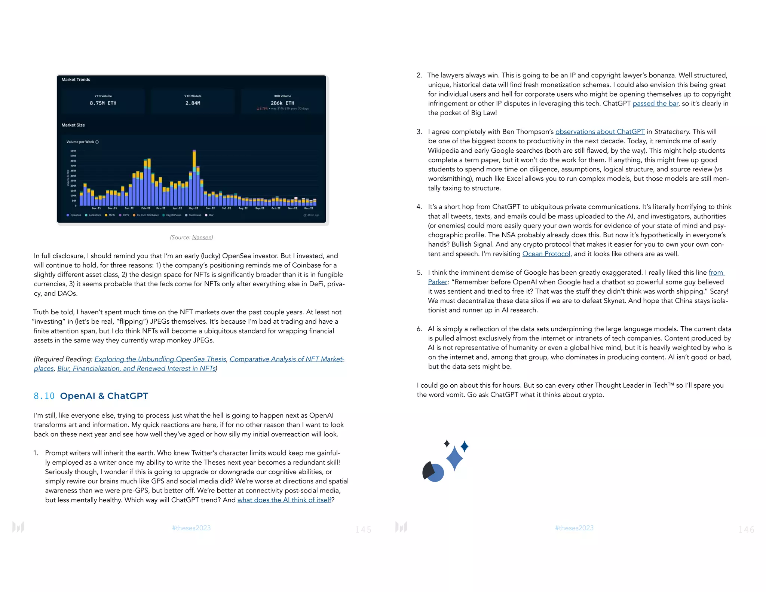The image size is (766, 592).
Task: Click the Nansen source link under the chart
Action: (x=202, y=237)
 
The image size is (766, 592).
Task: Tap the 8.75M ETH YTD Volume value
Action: (x=103, y=103)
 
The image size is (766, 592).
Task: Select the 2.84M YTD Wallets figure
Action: (x=193, y=103)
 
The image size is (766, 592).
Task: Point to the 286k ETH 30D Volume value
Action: (x=282, y=103)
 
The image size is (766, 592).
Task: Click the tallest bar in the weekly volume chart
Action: (x=194, y=178)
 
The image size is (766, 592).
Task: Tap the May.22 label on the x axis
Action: (x=194, y=208)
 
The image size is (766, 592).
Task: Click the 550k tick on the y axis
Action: (x=73, y=151)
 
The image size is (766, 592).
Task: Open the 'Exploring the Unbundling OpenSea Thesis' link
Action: (x=160, y=359)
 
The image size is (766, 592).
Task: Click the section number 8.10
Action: (x=44, y=396)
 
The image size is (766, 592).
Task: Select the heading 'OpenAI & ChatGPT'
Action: (x=104, y=396)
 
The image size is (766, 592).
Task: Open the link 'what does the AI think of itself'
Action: (x=284, y=500)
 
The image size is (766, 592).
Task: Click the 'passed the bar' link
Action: (x=655, y=103)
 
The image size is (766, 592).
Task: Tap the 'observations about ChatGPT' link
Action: (x=600, y=132)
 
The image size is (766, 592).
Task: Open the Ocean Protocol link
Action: (x=546, y=254)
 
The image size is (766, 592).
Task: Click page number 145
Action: (x=363, y=530)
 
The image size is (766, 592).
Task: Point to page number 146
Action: (x=746, y=530)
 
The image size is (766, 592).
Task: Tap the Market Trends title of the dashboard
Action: (x=76, y=80)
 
